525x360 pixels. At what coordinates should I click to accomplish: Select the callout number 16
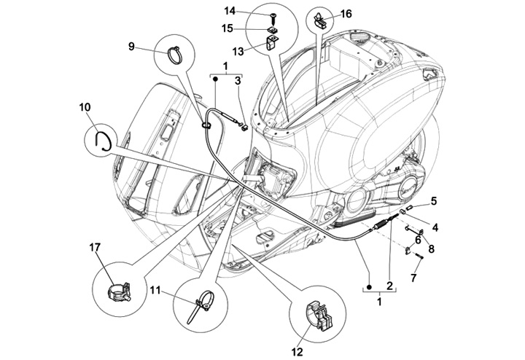tap(346, 14)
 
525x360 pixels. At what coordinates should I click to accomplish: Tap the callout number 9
tap(131, 46)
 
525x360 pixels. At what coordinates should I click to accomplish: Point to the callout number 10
tap(85, 107)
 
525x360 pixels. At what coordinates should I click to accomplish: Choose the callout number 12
tap(297, 352)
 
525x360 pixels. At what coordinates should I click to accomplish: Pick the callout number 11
tap(155, 289)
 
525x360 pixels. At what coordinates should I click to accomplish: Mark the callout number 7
tap(413, 278)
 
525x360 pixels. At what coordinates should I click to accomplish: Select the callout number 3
tap(238, 81)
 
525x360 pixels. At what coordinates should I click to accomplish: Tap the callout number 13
tap(238, 52)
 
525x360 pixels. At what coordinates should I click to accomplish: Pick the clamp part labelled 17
tap(119, 291)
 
